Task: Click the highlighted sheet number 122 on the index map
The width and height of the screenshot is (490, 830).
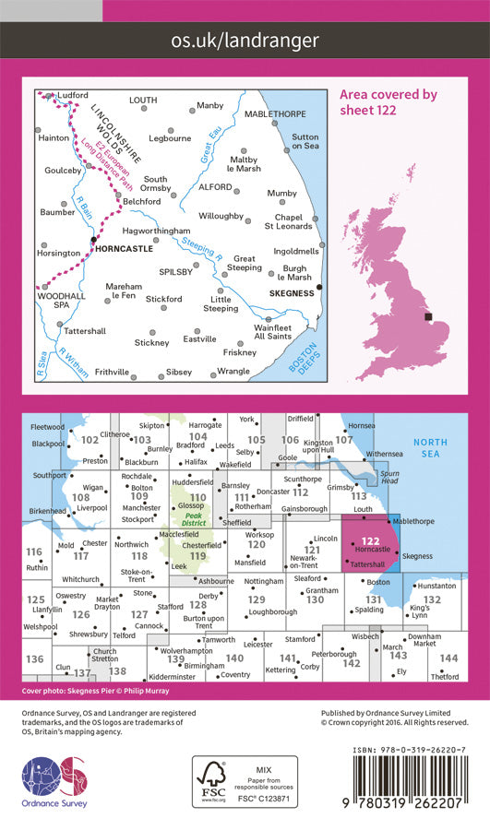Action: pos(370,540)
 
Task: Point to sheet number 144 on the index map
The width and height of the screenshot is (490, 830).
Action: pos(448,658)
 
